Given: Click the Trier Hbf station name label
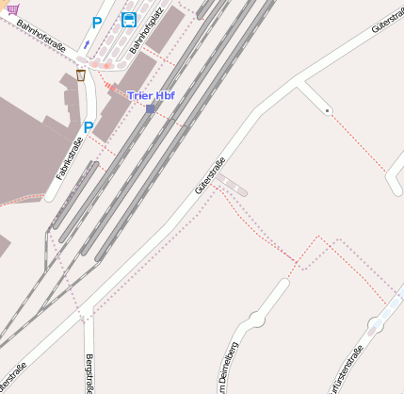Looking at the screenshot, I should [x=151, y=95].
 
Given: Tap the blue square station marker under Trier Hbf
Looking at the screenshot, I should [x=151, y=108].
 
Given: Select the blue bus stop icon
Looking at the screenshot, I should [x=128, y=20].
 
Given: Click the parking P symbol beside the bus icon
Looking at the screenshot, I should [x=97, y=22].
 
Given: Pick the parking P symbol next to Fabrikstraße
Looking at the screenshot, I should [x=89, y=127].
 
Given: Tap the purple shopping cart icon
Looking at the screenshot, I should [x=12, y=8].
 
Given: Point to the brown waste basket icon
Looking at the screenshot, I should [x=81, y=74].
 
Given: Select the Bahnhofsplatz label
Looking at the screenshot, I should [x=147, y=31].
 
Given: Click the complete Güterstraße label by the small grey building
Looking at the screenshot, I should [x=211, y=175].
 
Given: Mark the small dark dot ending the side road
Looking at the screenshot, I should [x=327, y=111].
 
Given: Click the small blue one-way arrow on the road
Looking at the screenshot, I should [x=87, y=42].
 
